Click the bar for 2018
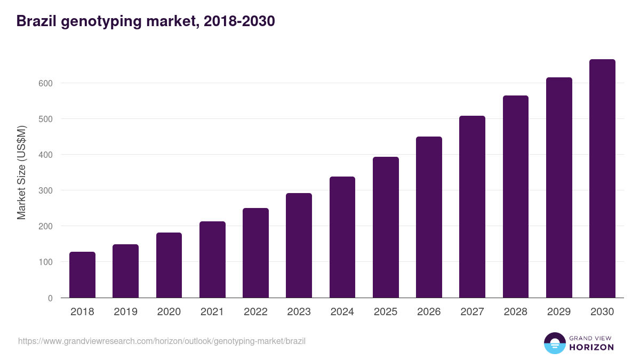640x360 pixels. click(82, 275)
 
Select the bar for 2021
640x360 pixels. click(212, 260)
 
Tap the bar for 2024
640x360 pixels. click(342, 237)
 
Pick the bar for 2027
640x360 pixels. click(472, 207)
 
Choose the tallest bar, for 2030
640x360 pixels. click(602, 179)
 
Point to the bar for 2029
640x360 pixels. click(559, 188)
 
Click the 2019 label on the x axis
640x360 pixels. click(125, 312)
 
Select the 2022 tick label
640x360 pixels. click(255, 312)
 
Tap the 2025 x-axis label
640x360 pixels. click(386, 312)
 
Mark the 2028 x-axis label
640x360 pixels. click(515, 312)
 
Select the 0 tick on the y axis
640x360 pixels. click(50, 298)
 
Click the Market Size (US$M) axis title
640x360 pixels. click(21, 173)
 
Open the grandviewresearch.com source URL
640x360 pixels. click(162, 341)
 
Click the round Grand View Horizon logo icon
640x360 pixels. click(554, 343)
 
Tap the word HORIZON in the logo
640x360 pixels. click(591, 347)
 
